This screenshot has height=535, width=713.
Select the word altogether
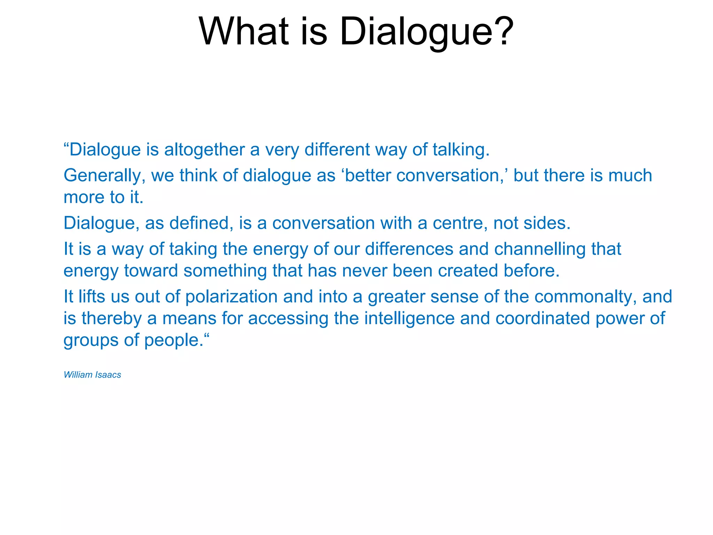point(204,150)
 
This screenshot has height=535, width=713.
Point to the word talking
point(461,150)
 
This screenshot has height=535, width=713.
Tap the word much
point(630,176)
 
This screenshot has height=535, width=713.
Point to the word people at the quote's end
point(173,340)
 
